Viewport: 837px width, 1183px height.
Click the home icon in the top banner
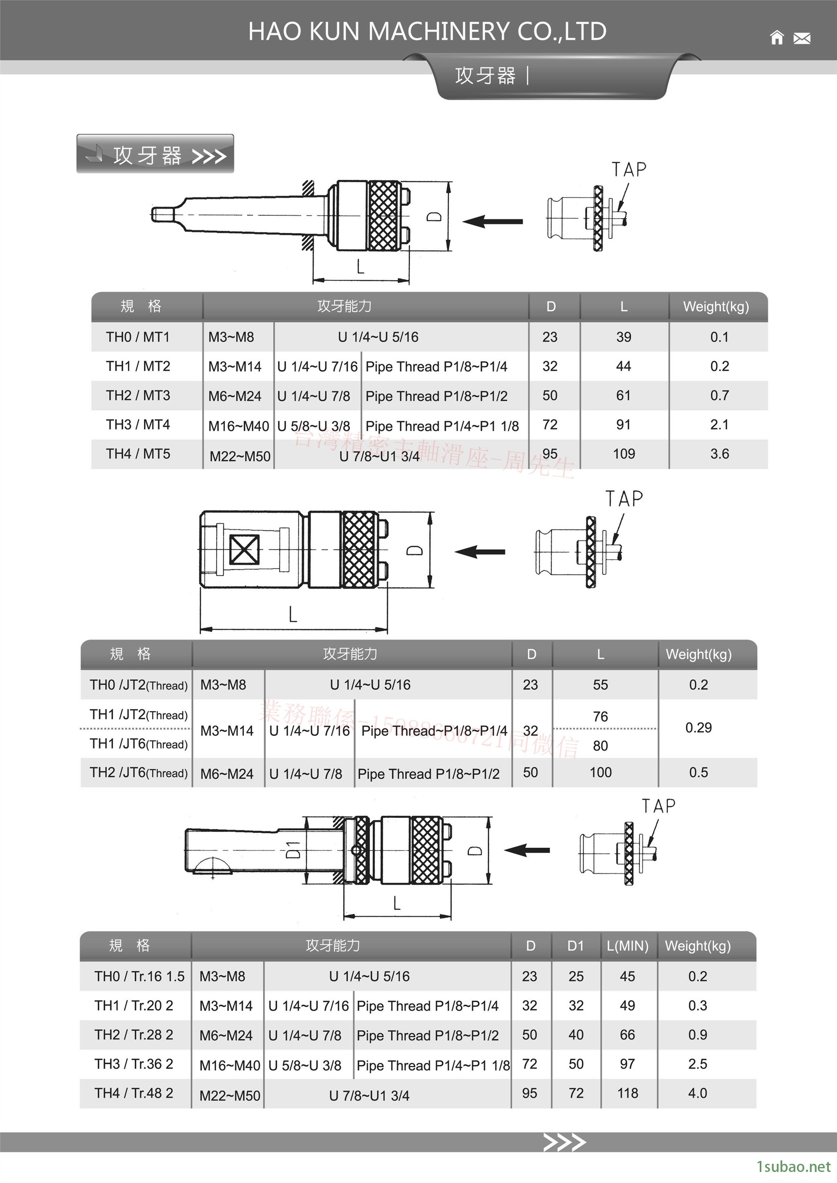click(777, 38)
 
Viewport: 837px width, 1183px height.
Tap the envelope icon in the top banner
click(802, 38)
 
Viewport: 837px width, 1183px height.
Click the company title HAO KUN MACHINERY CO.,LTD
click(427, 31)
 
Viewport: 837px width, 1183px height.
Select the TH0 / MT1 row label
click(138, 337)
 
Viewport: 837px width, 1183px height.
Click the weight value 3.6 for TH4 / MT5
click(719, 454)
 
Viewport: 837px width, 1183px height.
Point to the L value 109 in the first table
click(624, 454)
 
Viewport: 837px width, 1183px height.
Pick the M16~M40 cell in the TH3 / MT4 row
click(238, 426)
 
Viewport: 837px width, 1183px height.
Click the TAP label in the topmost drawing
click(629, 170)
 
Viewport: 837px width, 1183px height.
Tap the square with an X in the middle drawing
click(244, 550)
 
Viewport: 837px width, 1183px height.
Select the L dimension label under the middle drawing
click(293, 614)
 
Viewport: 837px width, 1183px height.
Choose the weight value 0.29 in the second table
click(698, 728)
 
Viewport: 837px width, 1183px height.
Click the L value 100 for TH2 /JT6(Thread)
click(600, 772)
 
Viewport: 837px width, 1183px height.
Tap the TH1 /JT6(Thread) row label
click(138, 744)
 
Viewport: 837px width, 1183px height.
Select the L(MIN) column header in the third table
click(627, 946)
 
